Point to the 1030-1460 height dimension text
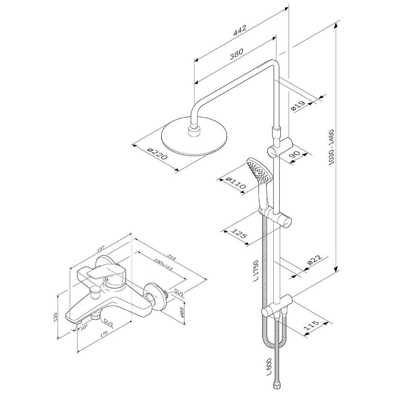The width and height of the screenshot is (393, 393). point(331,147)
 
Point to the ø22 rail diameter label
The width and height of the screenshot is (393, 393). point(314,261)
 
